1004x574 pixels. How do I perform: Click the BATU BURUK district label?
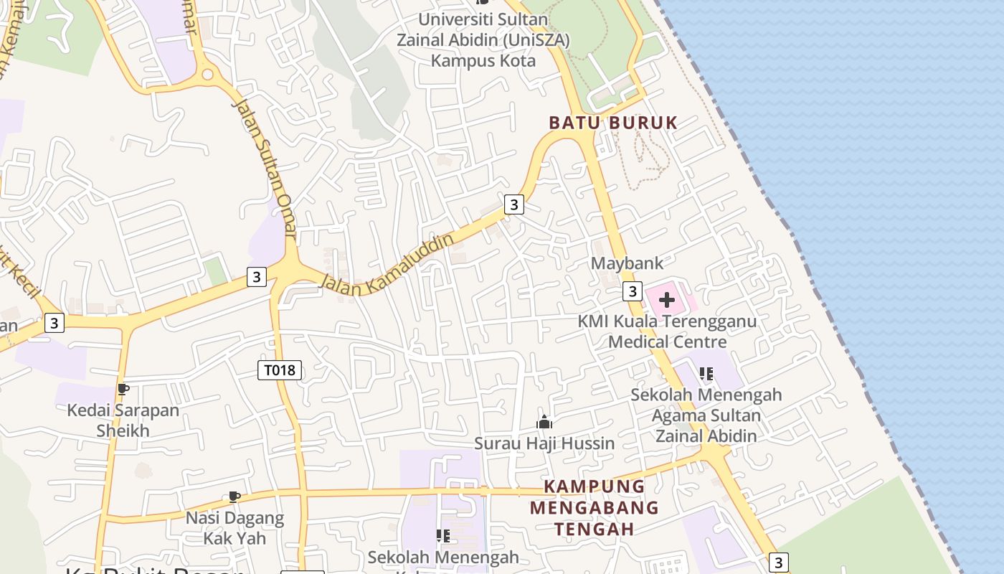click(613, 123)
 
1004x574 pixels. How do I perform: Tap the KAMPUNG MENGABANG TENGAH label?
click(594, 507)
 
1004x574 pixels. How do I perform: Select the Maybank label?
click(627, 263)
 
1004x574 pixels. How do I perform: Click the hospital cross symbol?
click(667, 299)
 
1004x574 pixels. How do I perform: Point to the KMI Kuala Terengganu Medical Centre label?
click(667, 331)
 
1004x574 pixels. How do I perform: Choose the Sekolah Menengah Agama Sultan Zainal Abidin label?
click(706, 415)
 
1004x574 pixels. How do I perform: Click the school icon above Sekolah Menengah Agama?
click(706, 374)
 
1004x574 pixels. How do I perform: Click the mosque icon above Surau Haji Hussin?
click(544, 422)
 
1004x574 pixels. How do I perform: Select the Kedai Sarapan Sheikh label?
click(123, 420)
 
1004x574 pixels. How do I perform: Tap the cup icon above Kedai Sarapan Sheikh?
click(123, 390)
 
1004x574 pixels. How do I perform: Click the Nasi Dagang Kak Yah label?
click(235, 527)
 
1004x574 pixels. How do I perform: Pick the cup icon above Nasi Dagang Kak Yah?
click(233, 497)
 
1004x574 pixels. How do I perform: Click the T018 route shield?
click(280, 370)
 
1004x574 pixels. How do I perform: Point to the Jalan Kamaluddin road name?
click(387, 263)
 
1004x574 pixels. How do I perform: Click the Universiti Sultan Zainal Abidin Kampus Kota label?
click(483, 40)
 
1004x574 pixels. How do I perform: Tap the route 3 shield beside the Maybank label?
click(631, 291)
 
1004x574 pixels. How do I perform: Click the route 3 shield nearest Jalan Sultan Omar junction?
click(256, 276)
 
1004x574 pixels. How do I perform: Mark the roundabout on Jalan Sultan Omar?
click(208, 74)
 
